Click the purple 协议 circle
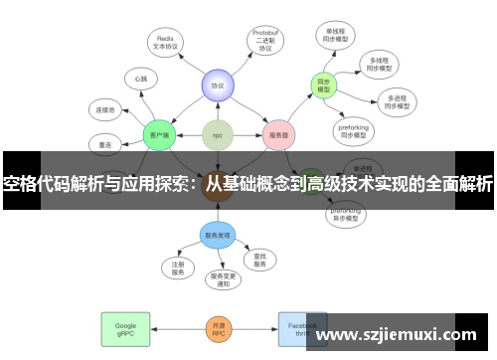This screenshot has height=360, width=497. [x=217, y=87]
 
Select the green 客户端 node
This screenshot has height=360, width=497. [x=159, y=134]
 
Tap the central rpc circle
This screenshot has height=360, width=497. [x=217, y=134]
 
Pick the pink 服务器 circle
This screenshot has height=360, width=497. [x=279, y=134]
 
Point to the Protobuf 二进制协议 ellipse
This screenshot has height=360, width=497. [x=265, y=41]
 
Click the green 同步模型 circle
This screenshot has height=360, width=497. [x=323, y=86]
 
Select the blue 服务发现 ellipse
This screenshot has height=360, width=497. [x=217, y=236]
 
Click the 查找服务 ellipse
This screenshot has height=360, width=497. [x=259, y=261]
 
